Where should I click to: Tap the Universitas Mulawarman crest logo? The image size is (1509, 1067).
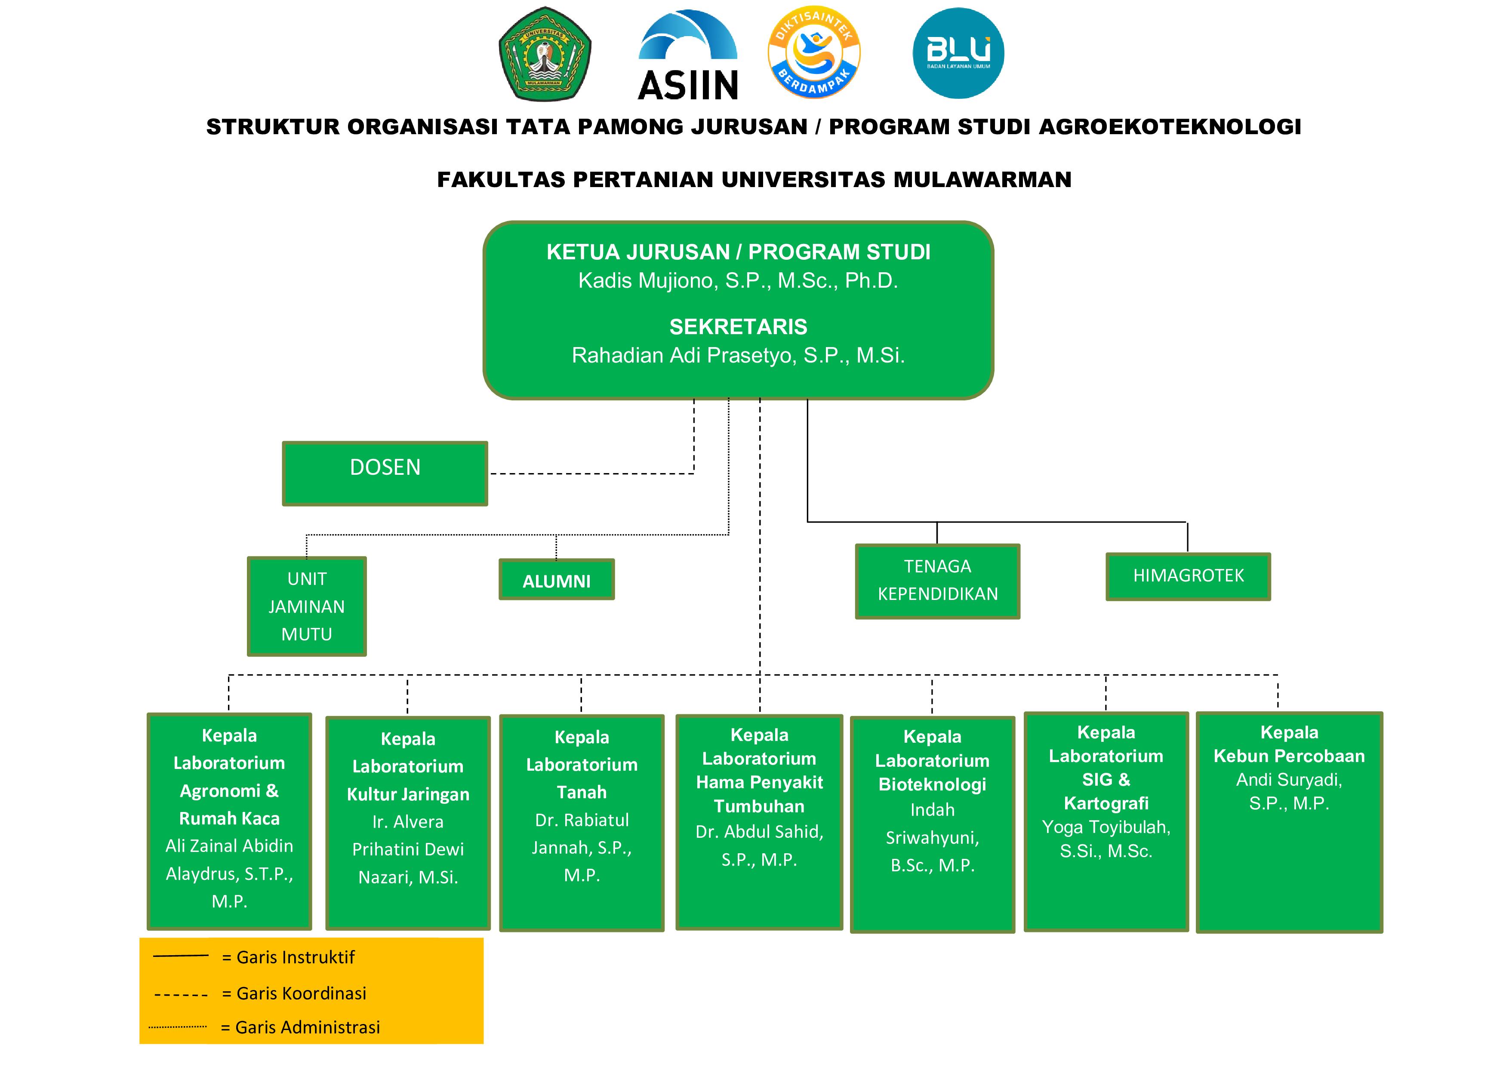coord(545,54)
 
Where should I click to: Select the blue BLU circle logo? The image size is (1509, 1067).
coord(958,53)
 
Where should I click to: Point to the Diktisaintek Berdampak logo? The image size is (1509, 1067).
coord(814,52)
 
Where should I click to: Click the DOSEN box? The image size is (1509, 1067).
coord(385,473)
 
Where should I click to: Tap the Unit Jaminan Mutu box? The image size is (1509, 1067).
coord(307,606)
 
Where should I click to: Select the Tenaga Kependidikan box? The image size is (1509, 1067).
coord(937,581)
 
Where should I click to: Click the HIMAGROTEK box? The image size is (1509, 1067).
coord(1188,576)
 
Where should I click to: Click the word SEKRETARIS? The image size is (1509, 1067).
coord(738,326)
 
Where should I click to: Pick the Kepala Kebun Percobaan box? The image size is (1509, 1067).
coord(1289,821)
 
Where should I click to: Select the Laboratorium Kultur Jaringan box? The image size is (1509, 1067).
coord(408,823)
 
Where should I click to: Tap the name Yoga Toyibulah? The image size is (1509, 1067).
coord(1106,827)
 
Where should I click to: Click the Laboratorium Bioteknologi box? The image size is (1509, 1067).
coord(932,824)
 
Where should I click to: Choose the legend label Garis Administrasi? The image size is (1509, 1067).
coord(308,1027)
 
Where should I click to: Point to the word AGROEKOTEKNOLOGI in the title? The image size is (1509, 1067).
coord(1170,127)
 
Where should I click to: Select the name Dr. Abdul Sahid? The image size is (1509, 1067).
coord(759,832)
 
